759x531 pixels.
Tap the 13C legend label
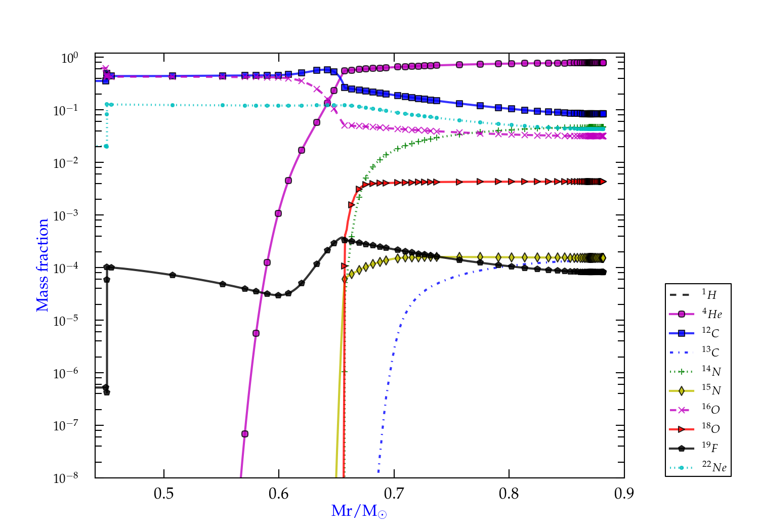pyautogui.click(x=710, y=352)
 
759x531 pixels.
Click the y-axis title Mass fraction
pyautogui.click(x=43, y=265)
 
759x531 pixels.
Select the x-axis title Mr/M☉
pyautogui.click(x=359, y=511)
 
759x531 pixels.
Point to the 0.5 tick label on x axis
pyautogui.click(x=163, y=494)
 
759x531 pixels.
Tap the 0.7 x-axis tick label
pyautogui.click(x=394, y=494)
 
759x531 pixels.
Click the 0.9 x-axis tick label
pyautogui.click(x=624, y=494)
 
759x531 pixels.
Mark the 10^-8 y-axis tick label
pyautogui.click(x=66, y=477)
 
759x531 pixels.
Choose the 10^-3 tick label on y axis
pyautogui.click(x=66, y=215)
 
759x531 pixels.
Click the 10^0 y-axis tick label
pyautogui.click(x=69, y=58)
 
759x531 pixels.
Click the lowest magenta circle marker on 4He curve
pyautogui.click(x=245, y=434)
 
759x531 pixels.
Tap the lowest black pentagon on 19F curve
pyautogui.click(x=106, y=392)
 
